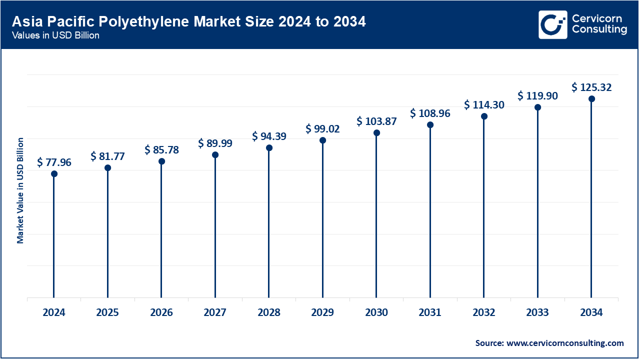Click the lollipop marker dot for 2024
[x=54, y=174]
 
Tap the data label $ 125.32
[x=591, y=88]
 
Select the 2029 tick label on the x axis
[x=322, y=313]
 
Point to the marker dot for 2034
[x=591, y=99]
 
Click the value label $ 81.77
[x=107, y=156]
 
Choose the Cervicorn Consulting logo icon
[x=552, y=24]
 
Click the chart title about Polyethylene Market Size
[x=188, y=21]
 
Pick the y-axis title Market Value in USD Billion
[x=20, y=190]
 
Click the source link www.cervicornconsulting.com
[x=565, y=343]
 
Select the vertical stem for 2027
[x=215, y=227]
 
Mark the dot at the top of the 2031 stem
[x=430, y=124]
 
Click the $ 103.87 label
[x=376, y=121]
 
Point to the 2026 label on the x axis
[x=161, y=313]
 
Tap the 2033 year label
[x=537, y=313]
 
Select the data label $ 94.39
[x=269, y=136]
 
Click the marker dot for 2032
[x=484, y=116]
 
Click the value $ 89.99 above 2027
[x=215, y=143]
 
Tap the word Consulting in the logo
[x=599, y=29]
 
